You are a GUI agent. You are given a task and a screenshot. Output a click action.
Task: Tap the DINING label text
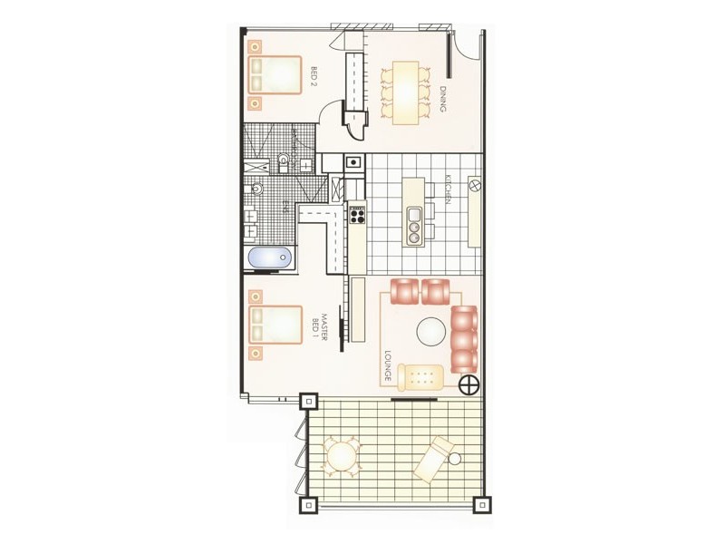tap(443, 99)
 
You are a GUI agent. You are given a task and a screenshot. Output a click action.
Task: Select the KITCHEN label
tap(447, 189)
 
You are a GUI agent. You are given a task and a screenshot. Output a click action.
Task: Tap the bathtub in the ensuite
tap(269, 259)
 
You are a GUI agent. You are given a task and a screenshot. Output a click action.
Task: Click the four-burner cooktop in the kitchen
tap(357, 215)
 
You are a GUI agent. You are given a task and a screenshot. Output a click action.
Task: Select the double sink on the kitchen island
tap(415, 226)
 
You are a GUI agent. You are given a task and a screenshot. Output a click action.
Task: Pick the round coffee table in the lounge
tap(431, 332)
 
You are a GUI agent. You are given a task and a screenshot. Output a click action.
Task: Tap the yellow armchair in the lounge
tap(422, 375)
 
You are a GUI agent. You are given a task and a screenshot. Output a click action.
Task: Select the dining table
tap(404, 90)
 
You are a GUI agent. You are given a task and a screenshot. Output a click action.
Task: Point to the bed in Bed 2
tap(275, 74)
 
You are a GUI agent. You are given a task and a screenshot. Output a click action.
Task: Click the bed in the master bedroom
tap(275, 325)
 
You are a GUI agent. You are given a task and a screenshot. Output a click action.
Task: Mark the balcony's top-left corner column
tap(308, 401)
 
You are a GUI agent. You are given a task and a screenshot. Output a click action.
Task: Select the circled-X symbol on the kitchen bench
tap(474, 186)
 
